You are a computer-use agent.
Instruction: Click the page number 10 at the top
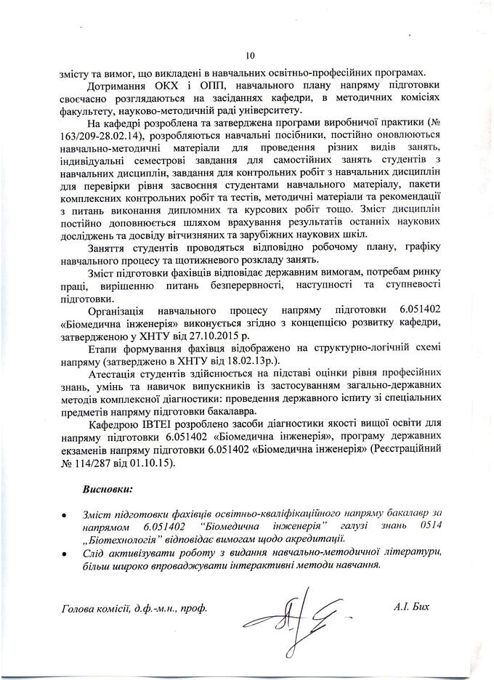tap(251, 56)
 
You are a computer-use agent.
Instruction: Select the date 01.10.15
tap(158, 463)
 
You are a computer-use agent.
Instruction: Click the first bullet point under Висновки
tap(66, 514)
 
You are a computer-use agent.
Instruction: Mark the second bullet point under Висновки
tap(66, 553)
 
